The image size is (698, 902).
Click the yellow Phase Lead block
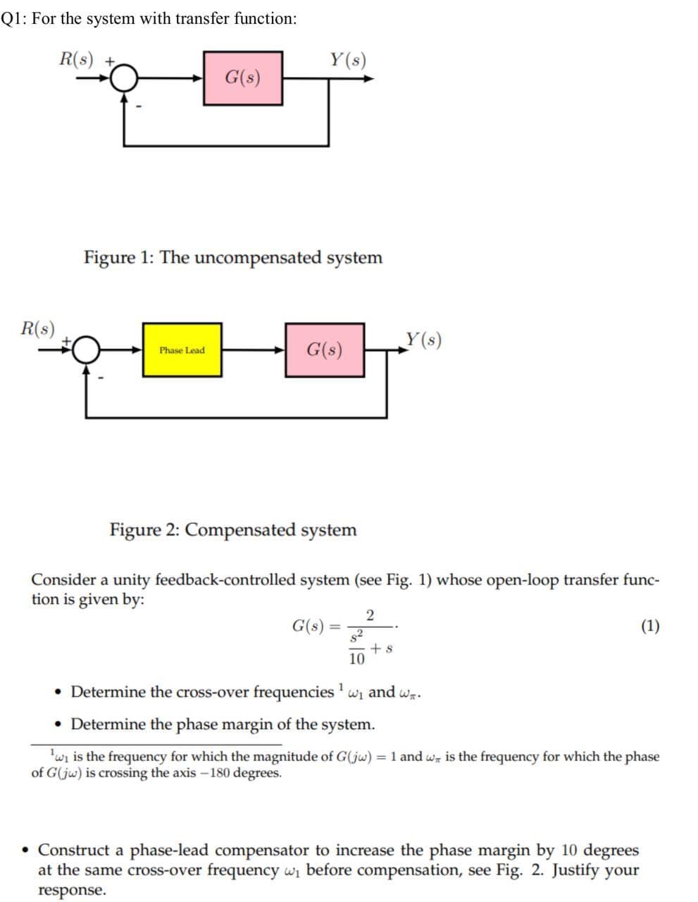coord(182,350)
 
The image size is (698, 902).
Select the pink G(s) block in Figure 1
coord(243,78)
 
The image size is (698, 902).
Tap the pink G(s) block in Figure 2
coord(325,350)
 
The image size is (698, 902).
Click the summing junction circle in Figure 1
coord(125,79)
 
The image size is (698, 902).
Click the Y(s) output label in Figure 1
coord(347,59)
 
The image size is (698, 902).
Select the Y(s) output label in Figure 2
coord(423,340)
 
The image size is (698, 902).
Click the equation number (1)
coord(650,626)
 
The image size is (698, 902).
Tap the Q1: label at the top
coord(14,18)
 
